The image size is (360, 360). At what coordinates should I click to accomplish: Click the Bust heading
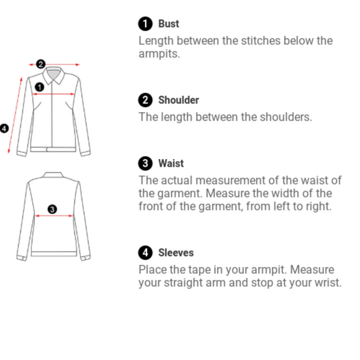pos(168,24)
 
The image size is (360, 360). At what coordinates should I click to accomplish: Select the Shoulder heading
pos(179,100)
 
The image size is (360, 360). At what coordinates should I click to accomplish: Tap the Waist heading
pos(171,163)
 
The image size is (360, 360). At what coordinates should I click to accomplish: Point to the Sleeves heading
pos(176,253)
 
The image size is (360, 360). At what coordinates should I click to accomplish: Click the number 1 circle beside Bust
pos(145,24)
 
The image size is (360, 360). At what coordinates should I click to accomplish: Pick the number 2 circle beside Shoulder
pos(145,100)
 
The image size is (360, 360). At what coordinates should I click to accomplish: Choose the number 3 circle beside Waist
pos(145,163)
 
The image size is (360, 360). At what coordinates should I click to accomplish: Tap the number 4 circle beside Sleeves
pos(145,253)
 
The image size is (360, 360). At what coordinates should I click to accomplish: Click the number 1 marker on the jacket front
pos(40,87)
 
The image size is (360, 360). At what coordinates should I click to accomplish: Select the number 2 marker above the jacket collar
pos(41,64)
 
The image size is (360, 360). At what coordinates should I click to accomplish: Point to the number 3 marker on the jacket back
pos(52,210)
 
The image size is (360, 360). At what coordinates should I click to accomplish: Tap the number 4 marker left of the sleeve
pos(4,129)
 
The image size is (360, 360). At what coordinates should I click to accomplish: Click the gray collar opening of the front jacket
pos(53,74)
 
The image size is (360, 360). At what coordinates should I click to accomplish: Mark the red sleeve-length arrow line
pos(15,115)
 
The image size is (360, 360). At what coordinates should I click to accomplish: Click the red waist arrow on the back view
pos(54,216)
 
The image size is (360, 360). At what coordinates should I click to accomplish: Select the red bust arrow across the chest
pos(54,94)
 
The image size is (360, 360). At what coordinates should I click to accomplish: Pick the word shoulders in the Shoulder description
pos(286,117)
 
